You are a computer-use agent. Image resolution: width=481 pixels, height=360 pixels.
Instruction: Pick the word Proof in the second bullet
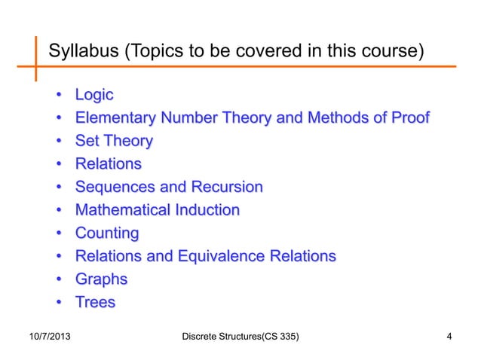click(x=408, y=118)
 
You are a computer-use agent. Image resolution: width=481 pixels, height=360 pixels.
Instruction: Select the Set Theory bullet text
click(x=113, y=141)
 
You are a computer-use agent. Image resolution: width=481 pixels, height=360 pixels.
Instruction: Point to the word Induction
click(x=206, y=210)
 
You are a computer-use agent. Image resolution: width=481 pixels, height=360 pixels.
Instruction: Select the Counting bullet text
click(x=106, y=233)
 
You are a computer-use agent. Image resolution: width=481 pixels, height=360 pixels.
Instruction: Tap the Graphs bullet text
click(x=101, y=279)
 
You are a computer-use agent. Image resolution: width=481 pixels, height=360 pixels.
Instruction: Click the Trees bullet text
click(x=95, y=303)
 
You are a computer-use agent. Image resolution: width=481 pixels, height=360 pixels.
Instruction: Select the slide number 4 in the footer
click(x=449, y=336)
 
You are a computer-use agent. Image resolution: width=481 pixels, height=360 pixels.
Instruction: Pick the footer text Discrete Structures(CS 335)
click(x=240, y=336)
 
